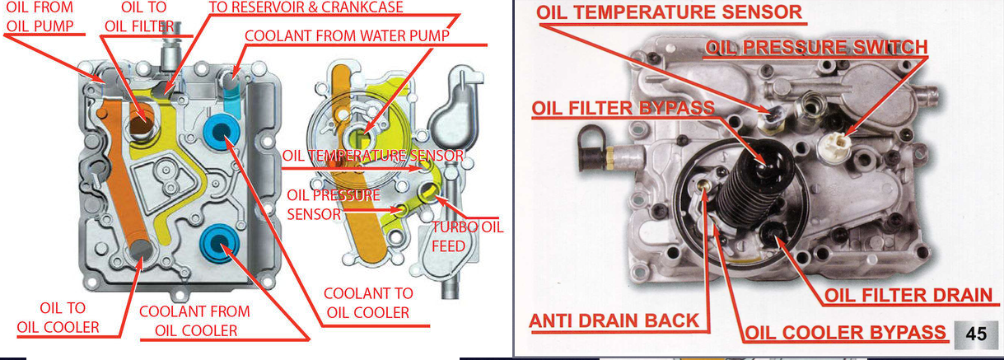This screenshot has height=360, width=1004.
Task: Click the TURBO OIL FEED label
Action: coord(467,236)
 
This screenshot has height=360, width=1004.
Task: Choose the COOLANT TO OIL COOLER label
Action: coord(367,302)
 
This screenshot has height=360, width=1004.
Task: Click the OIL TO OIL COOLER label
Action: coord(58,317)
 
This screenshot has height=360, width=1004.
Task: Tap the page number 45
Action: coord(977,334)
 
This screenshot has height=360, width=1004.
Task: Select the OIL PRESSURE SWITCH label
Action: coord(816,48)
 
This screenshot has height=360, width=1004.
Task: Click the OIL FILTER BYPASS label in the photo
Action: coord(623,108)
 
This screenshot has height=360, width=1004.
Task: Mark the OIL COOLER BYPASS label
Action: coord(845,334)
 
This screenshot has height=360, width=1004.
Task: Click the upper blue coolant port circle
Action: coord(221,133)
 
